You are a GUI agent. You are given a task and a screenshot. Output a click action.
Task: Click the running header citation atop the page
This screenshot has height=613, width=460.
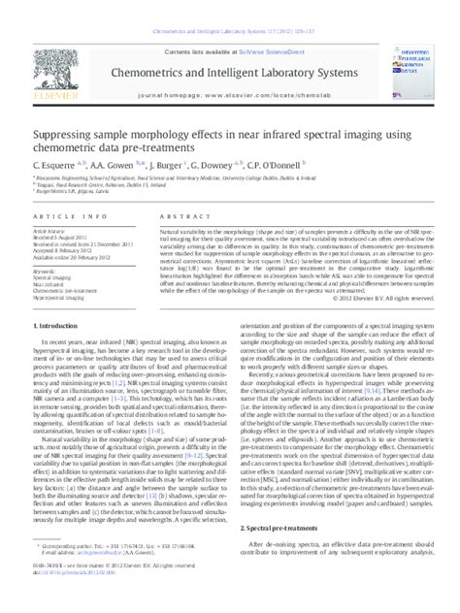(230, 7)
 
